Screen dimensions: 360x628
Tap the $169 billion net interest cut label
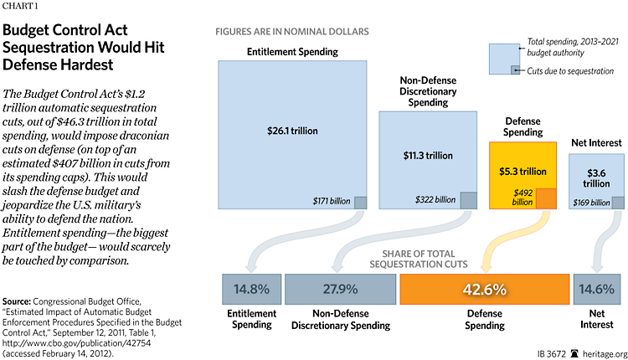pos(591,202)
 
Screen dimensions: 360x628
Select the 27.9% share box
pos(338,289)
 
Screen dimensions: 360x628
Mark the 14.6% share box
pos(596,289)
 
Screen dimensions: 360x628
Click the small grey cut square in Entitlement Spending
pos(359,202)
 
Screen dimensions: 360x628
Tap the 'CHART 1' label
pos(21,8)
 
